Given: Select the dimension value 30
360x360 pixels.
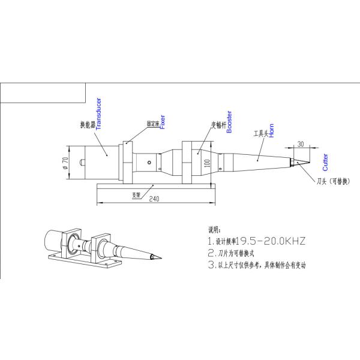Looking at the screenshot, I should [x=299, y=144].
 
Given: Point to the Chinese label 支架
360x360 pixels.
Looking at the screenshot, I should [x=136, y=195].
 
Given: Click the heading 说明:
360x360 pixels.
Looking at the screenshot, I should [x=214, y=230].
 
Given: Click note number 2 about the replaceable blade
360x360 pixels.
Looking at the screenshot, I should [x=240, y=253].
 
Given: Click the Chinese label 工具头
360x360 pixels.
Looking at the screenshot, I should [x=260, y=133].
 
